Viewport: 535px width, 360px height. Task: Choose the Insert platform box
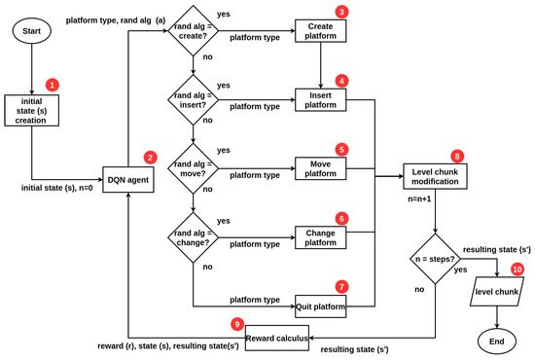[x=321, y=99]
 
